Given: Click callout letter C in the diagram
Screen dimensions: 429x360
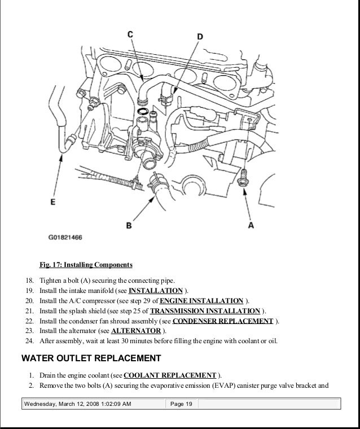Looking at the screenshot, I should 130,35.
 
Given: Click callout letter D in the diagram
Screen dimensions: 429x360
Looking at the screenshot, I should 199,37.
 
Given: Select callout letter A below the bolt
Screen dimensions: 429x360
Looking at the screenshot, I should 251,225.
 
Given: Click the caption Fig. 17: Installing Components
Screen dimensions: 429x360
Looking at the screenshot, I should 86,265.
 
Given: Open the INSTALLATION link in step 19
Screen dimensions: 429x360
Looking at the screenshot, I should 156,291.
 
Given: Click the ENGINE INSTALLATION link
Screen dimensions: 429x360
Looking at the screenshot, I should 201,301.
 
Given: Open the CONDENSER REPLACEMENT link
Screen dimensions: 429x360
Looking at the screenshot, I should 222,321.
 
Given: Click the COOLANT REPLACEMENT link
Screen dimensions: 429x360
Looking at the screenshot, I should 170,375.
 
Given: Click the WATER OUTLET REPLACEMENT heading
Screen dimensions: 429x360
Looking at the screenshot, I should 91,358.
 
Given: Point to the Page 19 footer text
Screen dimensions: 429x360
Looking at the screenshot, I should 181,404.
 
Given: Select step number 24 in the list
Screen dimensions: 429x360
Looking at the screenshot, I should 29,342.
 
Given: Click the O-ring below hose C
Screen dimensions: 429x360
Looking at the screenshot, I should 143,111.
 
